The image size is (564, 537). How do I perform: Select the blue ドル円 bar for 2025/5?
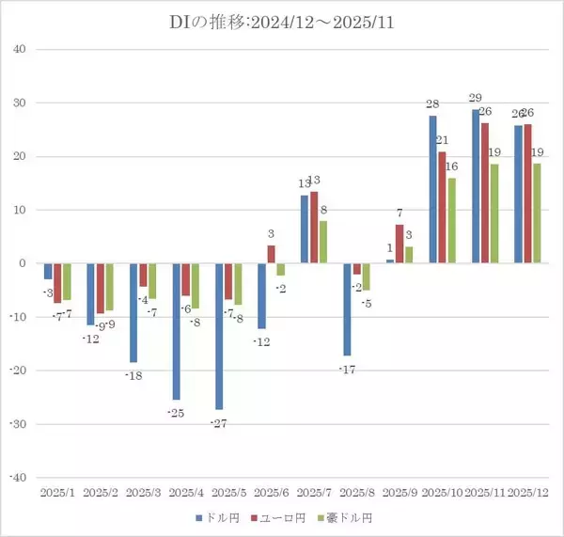click(x=220, y=336)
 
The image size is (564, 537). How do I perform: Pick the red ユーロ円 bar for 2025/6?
click(x=272, y=254)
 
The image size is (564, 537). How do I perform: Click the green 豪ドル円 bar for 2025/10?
click(x=452, y=220)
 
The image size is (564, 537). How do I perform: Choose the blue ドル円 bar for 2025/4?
click(x=177, y=331)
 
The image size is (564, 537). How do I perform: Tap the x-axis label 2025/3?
click(x=143, y=492)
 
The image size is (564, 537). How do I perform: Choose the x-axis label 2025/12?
click(x=527, y=492)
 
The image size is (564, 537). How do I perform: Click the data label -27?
click(x=219, y=424)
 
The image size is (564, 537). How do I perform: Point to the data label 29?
click(x=476, y=98)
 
